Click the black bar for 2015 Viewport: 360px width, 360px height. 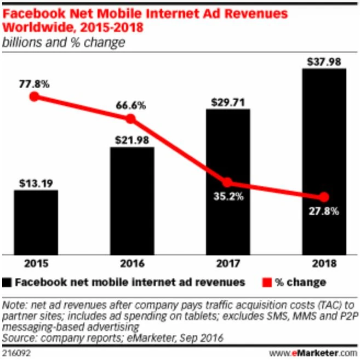[x=36, y=222]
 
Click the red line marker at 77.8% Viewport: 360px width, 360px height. [x=35, y=97]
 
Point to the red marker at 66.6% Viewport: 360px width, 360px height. [x=130, y=119]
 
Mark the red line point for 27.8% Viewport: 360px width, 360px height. [x=324, y=197]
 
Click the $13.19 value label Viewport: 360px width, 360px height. [x=36, y=182]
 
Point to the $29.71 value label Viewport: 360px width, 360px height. [x=228, y=101]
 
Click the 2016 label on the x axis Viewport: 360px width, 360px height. [x=132, y=264]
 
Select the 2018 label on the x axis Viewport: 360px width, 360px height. [x=324, y=264]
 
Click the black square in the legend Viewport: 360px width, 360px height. [x=7, y=283]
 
